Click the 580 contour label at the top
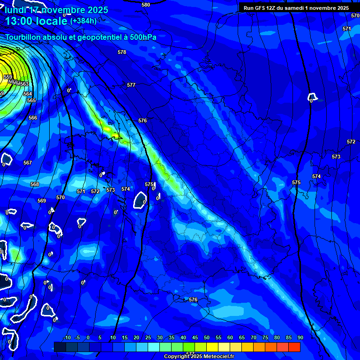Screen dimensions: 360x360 (x=146, y=5)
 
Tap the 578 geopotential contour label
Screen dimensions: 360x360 (x=122, y=52)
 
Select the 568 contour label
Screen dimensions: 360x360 (x=35, y=184)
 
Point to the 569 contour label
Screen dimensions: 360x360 (x=42, y=201)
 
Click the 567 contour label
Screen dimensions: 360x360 (x=28, y=163)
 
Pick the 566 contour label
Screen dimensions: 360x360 (x=33, y=118)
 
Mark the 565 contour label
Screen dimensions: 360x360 (x=31, y=100)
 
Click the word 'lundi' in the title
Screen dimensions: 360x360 (x=14, y=10)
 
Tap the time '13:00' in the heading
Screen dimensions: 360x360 (x=18, y=21)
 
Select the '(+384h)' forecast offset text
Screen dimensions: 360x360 (x=83, y=21)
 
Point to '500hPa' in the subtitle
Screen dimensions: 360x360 (x=142, y=37)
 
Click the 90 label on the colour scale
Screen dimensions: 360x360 (x=300, y=337)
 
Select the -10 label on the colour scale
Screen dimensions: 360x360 (x=67, y=337)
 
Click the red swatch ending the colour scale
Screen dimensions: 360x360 (x=294, y=347)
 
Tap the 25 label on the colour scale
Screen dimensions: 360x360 (x=148, y=337)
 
